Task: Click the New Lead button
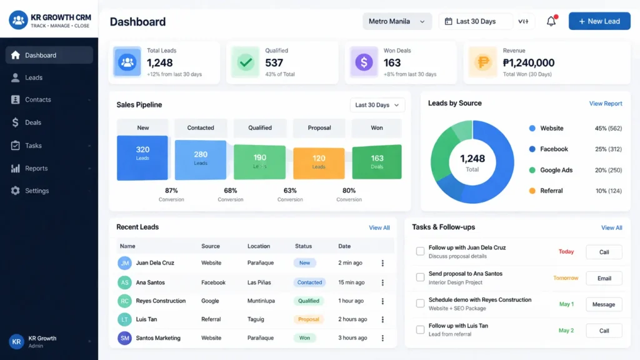[599, 21]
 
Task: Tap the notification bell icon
[551, 21]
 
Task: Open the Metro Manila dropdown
[397, 21]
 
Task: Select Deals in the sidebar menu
[33, 122]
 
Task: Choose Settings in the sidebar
[37, 191]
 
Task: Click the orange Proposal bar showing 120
[319, 163]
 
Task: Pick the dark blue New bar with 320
[142, 158]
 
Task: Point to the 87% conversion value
[171, 191]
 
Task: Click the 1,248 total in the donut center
[472, 159]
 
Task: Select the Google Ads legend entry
[556, 170]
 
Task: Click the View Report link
[606, 104]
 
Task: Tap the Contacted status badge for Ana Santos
[309, 282]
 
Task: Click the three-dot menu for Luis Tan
[382, 319]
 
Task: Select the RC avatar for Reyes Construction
[125, 301]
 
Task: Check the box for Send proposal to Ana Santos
[420, 277]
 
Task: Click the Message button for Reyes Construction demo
[604, 304]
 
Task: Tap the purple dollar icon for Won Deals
[364, 62]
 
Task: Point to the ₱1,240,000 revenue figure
[529, 62]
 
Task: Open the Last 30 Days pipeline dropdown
[377, 105]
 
